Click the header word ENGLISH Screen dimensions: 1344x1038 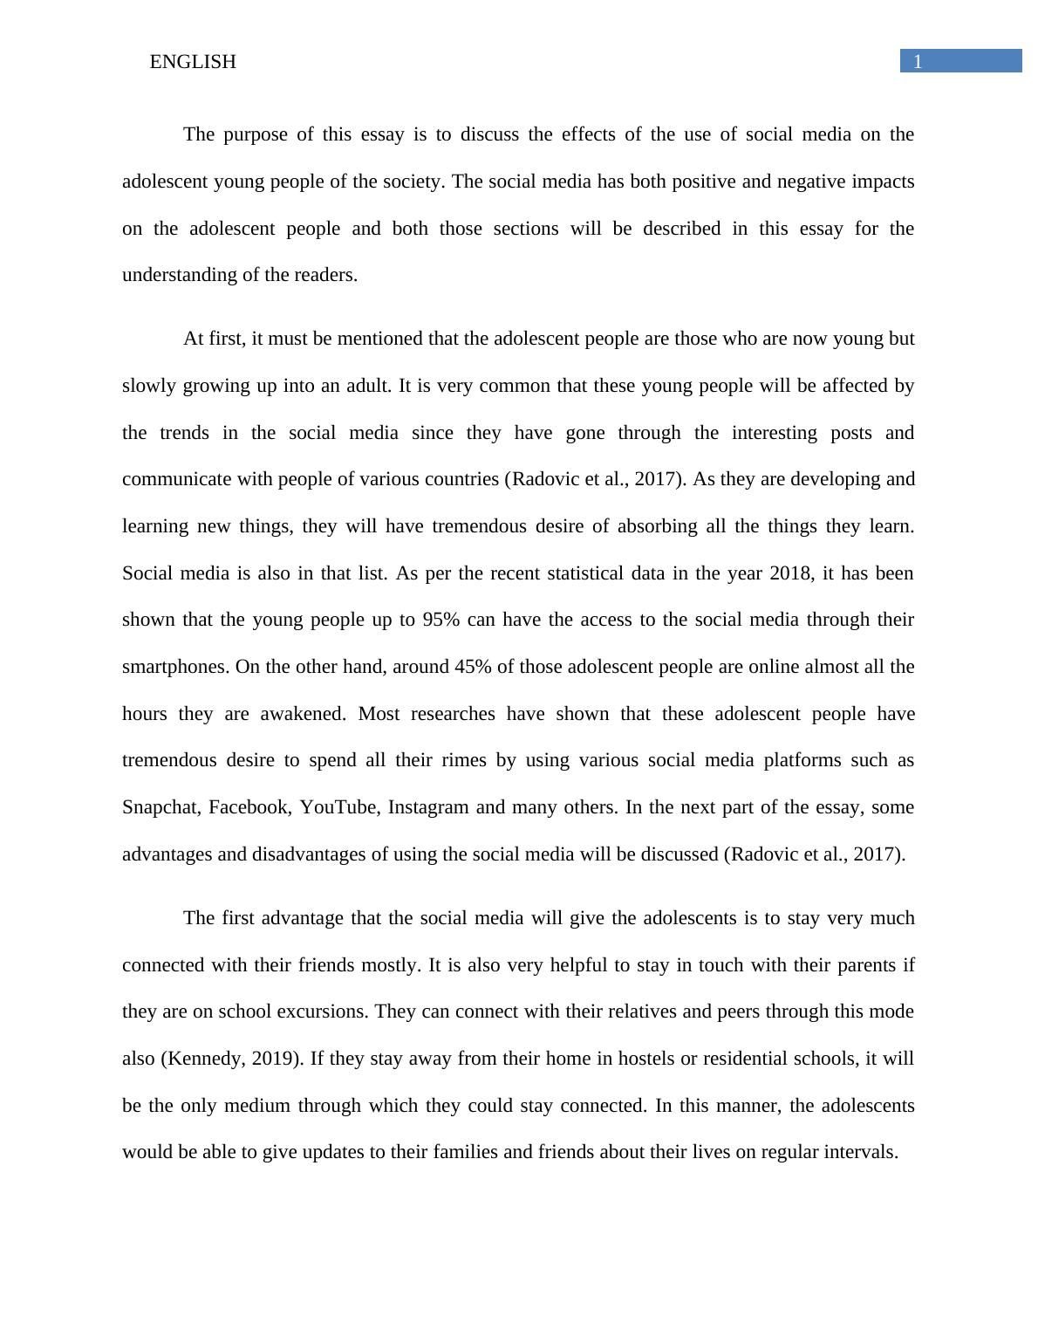point(193,62)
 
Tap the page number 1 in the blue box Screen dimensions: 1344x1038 point(918,61)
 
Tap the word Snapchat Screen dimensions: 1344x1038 point(160,807)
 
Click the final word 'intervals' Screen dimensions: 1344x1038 point(860,1152)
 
